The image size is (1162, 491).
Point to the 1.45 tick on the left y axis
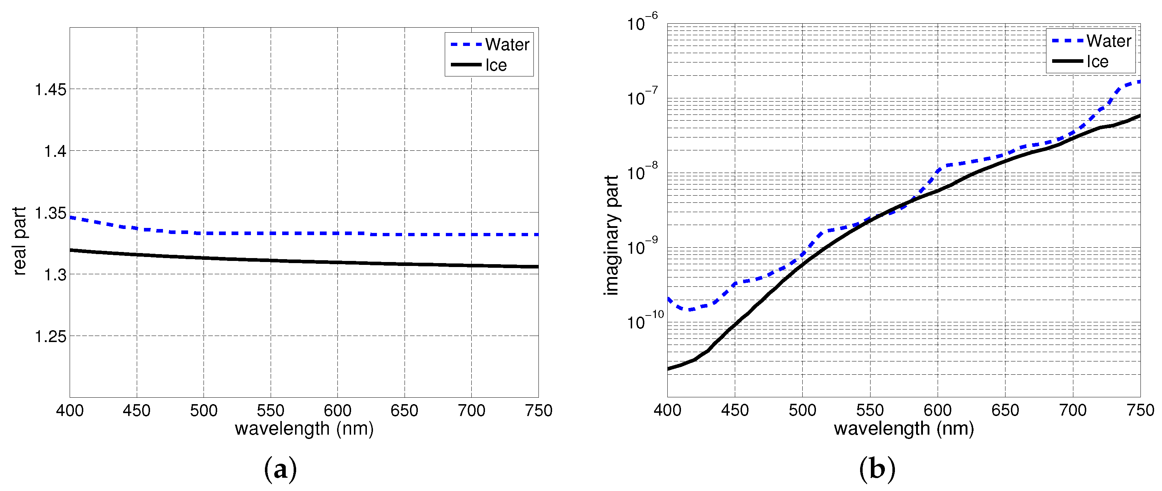[51, 90]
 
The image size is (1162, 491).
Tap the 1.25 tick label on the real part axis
[51, 336]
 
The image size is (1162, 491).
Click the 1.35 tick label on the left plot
[51, 213]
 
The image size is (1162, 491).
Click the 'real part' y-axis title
[19, 241]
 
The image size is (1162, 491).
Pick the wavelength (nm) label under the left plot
[304, 428]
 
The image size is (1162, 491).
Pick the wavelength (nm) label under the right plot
[904, 428]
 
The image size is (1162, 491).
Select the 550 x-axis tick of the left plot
[270, 410]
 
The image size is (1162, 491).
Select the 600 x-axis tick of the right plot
[937, 410]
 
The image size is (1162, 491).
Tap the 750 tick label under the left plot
[538, 410]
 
